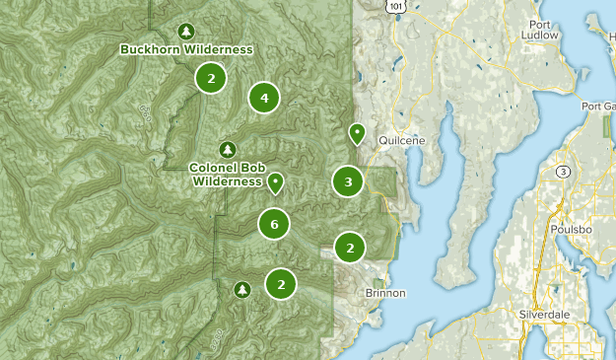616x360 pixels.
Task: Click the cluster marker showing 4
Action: (x=264, y=97)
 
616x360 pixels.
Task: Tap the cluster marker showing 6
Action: (x=274, y=225)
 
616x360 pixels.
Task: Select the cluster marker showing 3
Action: (x=348, y=181)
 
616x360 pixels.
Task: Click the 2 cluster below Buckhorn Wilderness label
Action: (x=210, y=77)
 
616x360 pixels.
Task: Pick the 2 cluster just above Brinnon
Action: (x=350, y=248)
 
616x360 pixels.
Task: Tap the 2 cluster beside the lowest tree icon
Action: (x=281, y=284)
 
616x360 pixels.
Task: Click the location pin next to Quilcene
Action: (x=357, y=133)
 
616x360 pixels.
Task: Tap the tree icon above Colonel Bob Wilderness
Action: (x=229, y=149)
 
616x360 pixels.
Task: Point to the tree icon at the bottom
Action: (x=242, y=289)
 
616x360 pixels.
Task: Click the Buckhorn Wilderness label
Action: (x=186, y=49)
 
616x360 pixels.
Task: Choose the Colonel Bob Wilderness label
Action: (x=227, y=175)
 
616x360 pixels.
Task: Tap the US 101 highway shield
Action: (x=395, y=6)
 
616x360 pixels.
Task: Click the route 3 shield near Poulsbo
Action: (x=563, y=172)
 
